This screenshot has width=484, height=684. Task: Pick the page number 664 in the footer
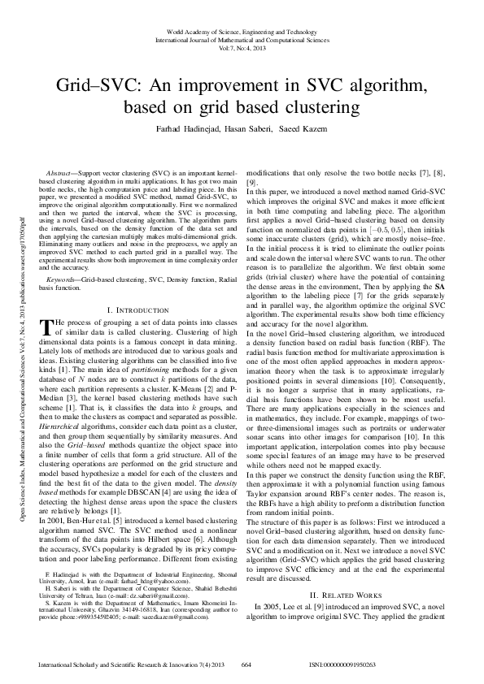point(246,665)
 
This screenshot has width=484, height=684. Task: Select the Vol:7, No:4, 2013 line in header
point(242,48)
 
